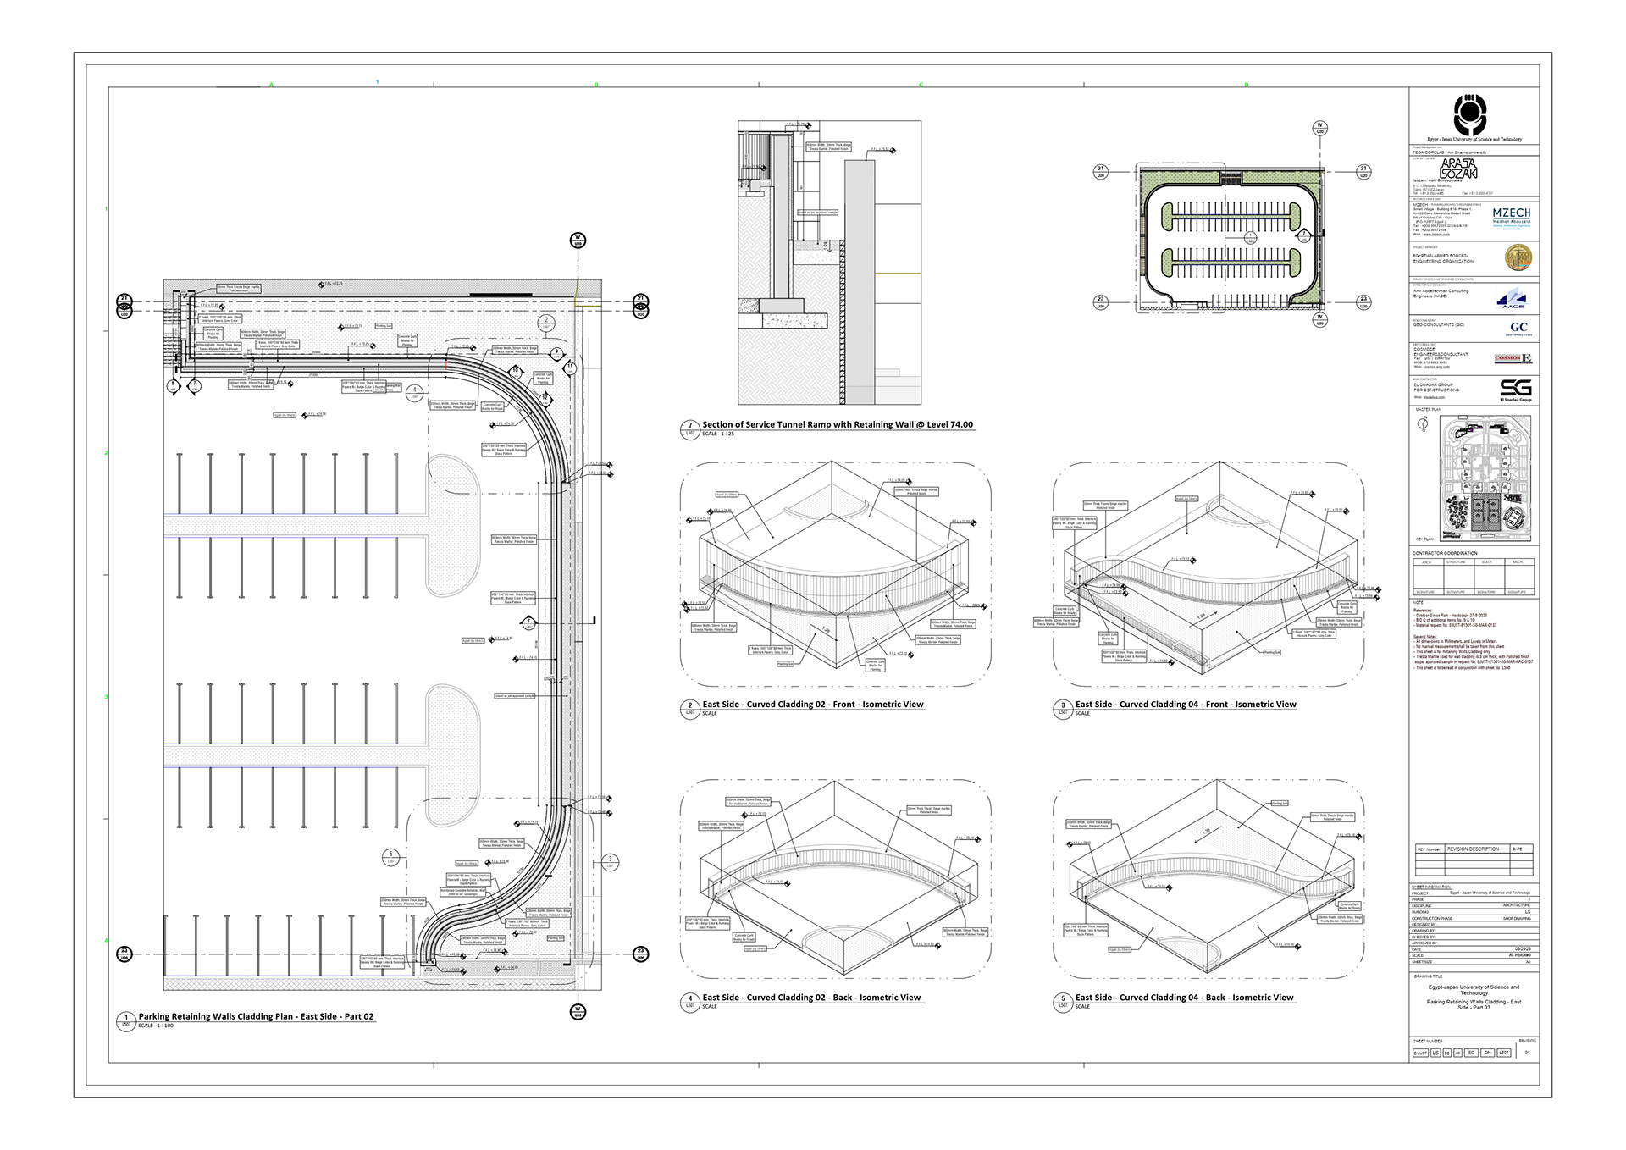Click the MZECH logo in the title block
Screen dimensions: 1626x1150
pyautogui.click(x=1511, y=218)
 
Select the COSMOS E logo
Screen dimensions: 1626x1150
pyautogui.click(x=1513, y=359)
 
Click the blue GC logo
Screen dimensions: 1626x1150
pyautogui.click(x=1518, y=328)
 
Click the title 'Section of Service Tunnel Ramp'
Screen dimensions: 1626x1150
pyautogui.click(x=837, y=425)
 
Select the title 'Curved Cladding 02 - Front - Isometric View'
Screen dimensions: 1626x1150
pyautogui.click(x=812, y=705)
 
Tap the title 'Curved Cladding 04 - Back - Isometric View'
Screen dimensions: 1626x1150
pyautogui.click(x=1184, y=998)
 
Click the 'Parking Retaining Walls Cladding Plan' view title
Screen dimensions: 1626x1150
pyautogui.click(x=256, y=1016)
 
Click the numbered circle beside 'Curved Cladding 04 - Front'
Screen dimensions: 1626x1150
pyautogui.click(x=1063, y=705)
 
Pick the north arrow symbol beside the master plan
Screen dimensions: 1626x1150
pyautogui.click(x=1422, y=425)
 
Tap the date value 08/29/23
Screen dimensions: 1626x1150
pyautogui.click(x=1522, y=949)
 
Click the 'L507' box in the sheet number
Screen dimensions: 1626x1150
pyautogui.click(x=1503, y=1053)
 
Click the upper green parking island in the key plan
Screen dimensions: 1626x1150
pyautogui.click(x=1231, y=216)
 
